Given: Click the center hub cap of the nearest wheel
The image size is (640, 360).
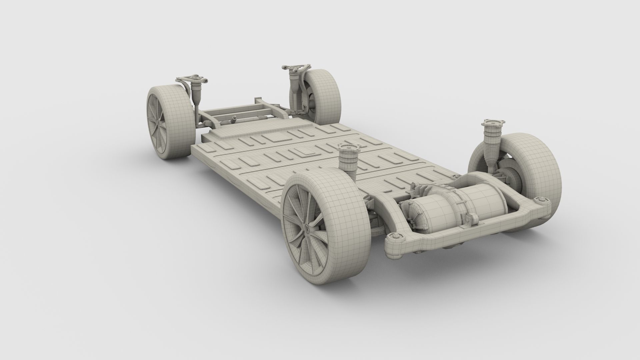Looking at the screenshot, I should pyautogui.click(x=306, y=229).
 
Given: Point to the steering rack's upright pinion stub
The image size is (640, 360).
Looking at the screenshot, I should pyautogui.click(x=235, y=118).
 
